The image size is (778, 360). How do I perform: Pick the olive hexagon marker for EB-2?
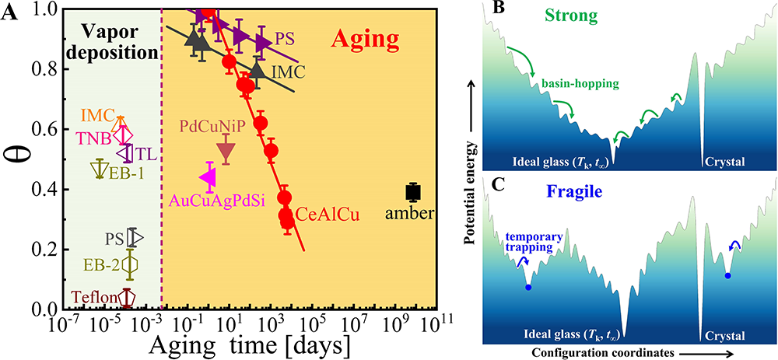(x=130, y=265)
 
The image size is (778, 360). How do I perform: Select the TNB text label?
(x=94, y=137)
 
